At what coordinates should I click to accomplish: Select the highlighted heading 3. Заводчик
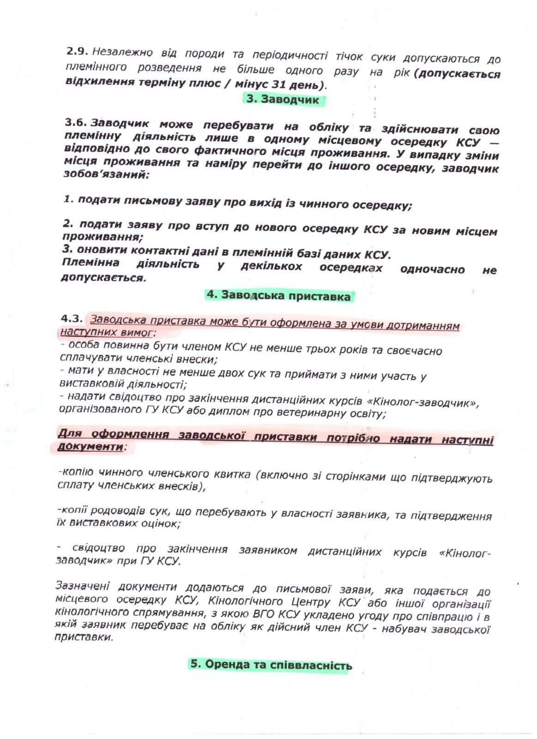coord(283,99)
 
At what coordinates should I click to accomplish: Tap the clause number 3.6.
coord(76,122)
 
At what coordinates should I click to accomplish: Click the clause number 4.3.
coord(72,318)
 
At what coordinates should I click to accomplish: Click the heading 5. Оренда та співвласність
coord(271,665)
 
